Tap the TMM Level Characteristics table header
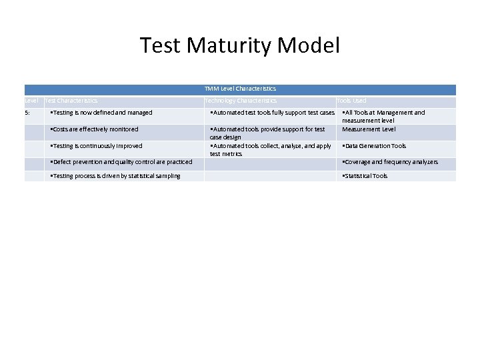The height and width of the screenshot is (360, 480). (240, 89)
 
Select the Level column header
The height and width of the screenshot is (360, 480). (31, 101)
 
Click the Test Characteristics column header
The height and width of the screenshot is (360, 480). (71, 101)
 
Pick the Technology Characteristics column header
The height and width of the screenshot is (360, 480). (241, 101)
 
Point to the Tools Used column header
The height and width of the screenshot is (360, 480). (351, 101)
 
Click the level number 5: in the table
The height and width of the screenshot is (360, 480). (27, 113)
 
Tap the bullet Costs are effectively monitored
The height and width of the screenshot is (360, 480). (95, 129)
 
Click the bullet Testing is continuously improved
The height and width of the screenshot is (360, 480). (97, 146)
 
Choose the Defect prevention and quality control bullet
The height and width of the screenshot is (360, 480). (121, 162)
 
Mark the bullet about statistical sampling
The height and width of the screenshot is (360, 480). (115, 176)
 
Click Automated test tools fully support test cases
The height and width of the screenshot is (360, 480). (272, 113)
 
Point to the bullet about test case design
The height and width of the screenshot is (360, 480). (267, 133)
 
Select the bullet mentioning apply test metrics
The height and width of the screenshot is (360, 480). (270, 149)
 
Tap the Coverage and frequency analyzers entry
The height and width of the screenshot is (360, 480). (390, 162)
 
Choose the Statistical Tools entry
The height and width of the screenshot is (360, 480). (365, 176)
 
